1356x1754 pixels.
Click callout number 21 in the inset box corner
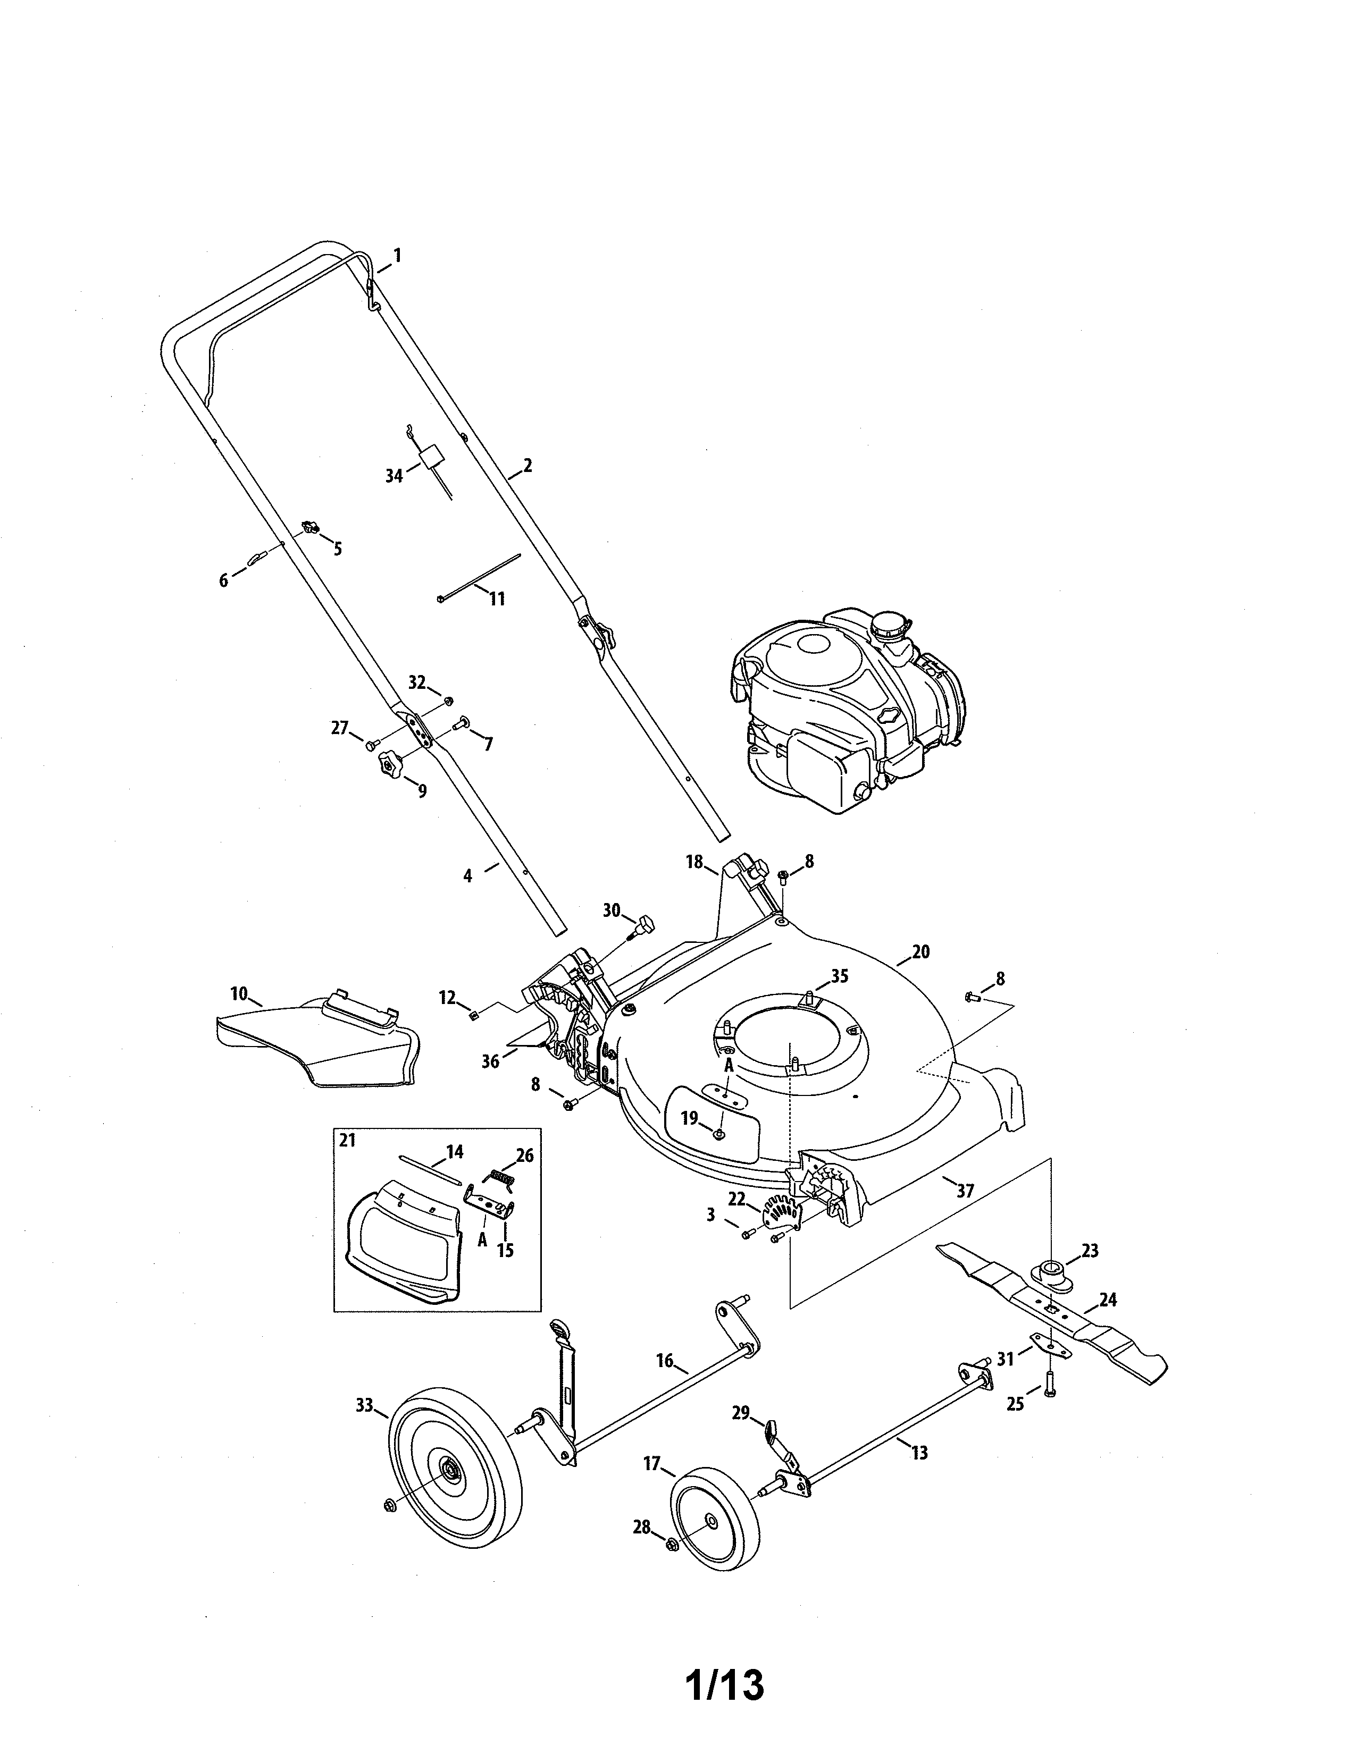click(x=346, y=1141)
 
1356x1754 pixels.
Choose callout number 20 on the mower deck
click(x=920, y=952)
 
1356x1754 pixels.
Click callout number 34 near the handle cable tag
click(x=394, y=476)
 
